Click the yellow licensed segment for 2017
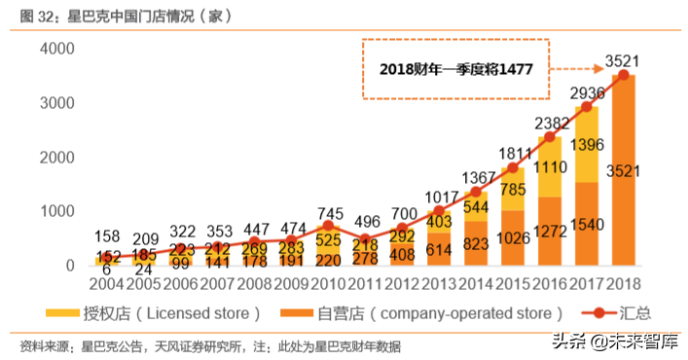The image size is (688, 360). click(587, 146)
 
